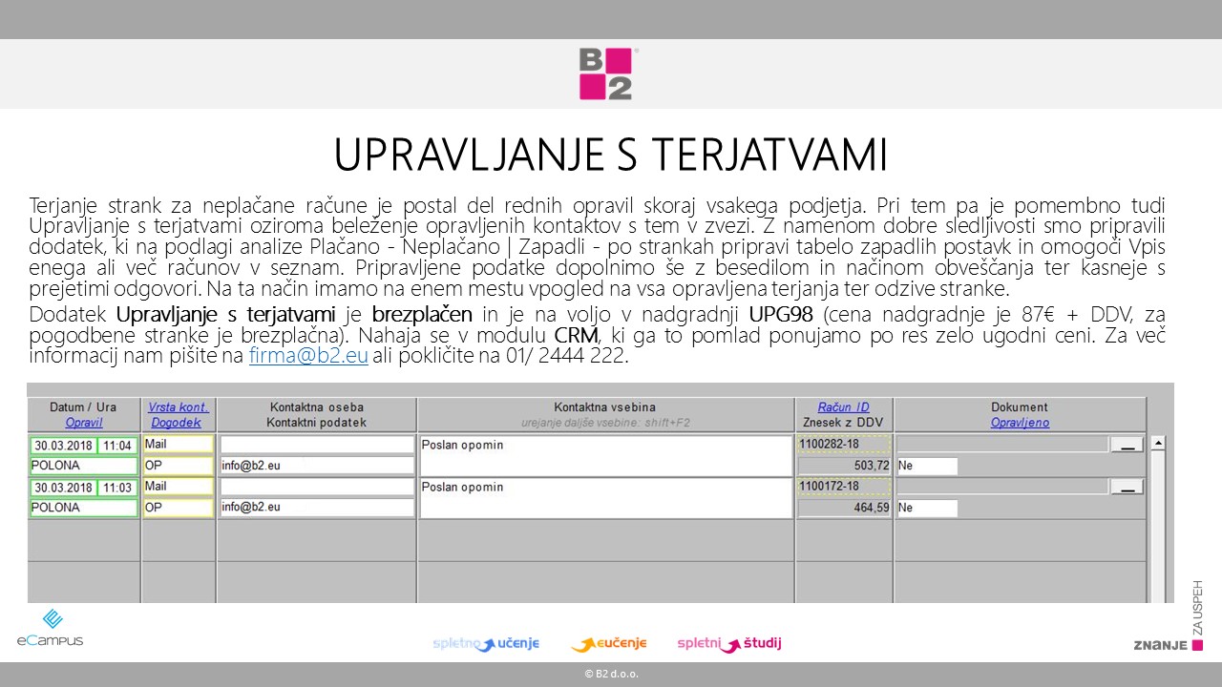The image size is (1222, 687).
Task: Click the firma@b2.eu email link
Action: (x=308, y=357)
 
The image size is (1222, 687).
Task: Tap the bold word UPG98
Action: (x=781, y=315)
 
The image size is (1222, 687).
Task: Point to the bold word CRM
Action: (x=576, y=336)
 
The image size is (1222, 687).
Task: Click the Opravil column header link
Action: (x=84, y=423)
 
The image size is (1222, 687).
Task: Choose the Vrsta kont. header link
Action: (x=179, y=407)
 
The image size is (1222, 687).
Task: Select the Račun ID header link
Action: (x=843, y=407)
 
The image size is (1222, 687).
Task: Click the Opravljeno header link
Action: (x=1020, y=423)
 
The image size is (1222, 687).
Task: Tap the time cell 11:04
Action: (x=117, y=446)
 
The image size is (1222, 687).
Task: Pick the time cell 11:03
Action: (x=117, y=488)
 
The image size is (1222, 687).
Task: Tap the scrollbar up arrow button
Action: (x=1158, y=443)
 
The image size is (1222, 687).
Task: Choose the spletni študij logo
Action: (x=728, y=644)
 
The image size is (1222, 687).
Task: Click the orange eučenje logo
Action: (x=609, y=644)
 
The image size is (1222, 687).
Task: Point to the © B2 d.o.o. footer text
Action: (x=611, y=675)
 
